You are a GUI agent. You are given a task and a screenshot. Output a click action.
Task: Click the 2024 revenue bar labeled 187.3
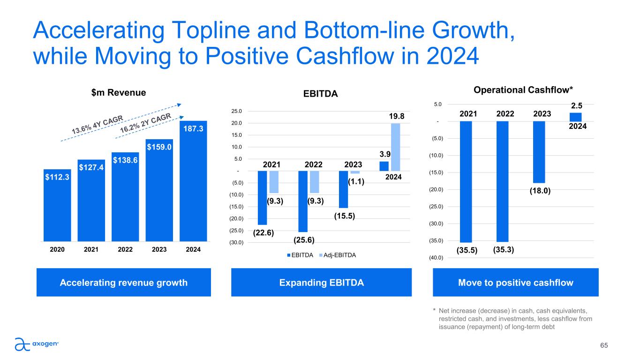193,183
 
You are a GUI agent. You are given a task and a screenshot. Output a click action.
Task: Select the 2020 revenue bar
57,206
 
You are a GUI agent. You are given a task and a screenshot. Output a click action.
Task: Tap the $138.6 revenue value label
125,160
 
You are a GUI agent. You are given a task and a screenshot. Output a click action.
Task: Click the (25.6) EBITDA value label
304,240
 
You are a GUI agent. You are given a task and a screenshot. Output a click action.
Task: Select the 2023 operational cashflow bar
539,152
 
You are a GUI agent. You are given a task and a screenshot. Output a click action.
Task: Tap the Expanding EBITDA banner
322,282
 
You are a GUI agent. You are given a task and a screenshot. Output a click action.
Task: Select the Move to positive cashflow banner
515,282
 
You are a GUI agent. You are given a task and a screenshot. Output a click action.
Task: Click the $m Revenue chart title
118,93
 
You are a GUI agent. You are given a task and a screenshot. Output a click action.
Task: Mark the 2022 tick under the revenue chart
125,250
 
